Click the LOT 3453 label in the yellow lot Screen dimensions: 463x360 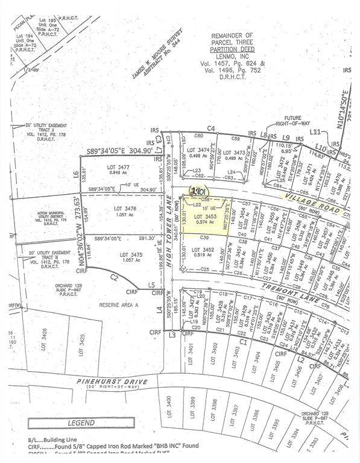click(204, 215)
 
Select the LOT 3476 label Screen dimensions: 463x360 click(125, 209)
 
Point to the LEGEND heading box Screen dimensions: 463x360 click(81, 423)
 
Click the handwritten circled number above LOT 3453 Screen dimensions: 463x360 click(196, 191)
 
